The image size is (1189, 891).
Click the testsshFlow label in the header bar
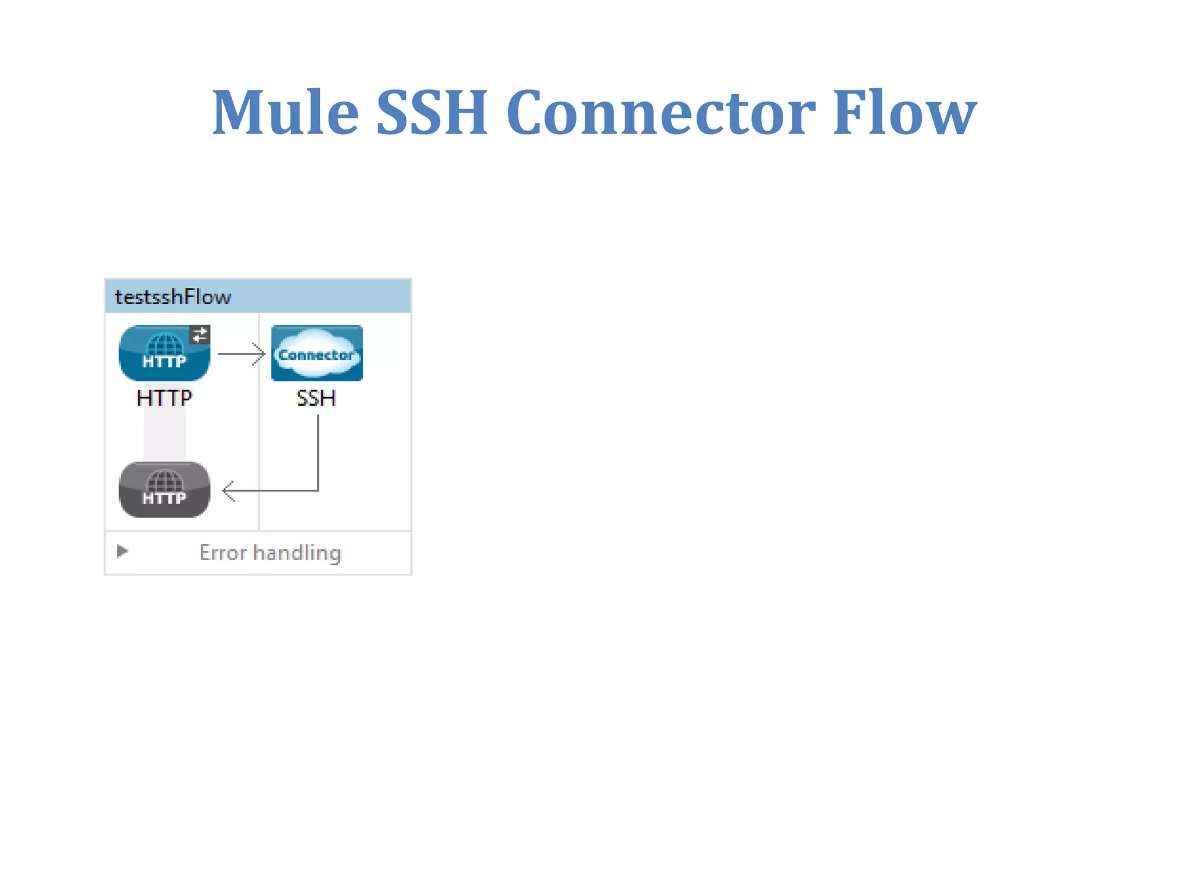[173, 297]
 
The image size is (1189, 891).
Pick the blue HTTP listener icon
[164, 353]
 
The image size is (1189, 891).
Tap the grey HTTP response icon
[164, 490]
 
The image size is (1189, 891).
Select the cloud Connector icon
[317, 353]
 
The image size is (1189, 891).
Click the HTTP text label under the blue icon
[164, 398]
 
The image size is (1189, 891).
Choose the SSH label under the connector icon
[316, 398]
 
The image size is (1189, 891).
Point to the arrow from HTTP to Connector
[241, 353]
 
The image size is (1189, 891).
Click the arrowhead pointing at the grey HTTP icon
[228, 491]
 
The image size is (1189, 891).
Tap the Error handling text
[270, 553]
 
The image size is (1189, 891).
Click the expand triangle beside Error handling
[122, 551]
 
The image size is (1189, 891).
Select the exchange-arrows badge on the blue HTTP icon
[200, 335]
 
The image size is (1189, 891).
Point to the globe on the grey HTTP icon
[164, 481]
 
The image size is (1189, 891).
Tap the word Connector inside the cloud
[316, 355]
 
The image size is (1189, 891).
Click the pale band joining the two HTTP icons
[165, 432]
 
